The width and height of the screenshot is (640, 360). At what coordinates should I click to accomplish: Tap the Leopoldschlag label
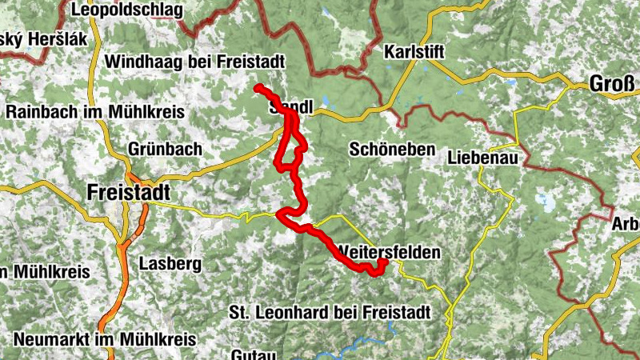click(x=126, y=10)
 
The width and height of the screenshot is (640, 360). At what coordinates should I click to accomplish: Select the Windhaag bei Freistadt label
click(x=194, y=62)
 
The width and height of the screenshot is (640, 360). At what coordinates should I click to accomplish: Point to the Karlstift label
click(x=414, y=52)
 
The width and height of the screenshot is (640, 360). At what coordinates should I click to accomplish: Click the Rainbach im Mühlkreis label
click(x=95, y=112)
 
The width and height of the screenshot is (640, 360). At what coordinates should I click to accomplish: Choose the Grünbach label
click(x=165, y=150)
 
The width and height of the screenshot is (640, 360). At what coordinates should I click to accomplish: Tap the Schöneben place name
click(x=392, y=150)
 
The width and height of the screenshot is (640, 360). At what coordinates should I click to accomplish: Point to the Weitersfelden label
click(x=389, y=251)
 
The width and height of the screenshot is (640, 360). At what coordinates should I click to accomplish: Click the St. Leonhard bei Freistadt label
click(x=330, y=311)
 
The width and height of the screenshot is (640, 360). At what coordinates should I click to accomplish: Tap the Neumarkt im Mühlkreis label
click(x=104, y=339)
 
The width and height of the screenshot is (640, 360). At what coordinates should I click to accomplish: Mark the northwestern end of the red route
click(x=258, y=87)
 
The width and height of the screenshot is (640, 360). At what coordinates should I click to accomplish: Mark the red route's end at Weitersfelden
click(x=383, y=262)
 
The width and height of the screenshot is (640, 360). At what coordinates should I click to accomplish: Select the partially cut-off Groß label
click(x=612, y=83)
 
